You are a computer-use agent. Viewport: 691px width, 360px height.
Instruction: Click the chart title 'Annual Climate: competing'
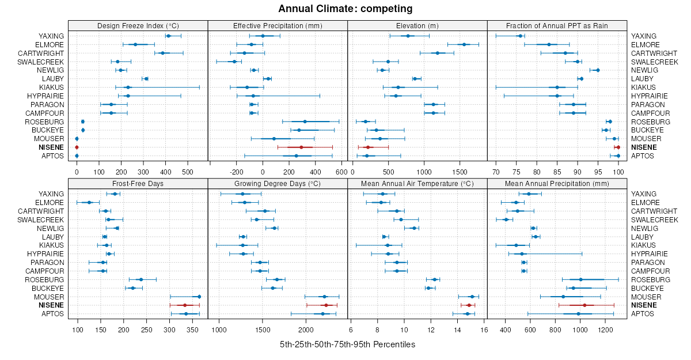(x=345, y=9)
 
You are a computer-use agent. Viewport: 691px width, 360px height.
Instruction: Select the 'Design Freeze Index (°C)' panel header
(x=138, y=25)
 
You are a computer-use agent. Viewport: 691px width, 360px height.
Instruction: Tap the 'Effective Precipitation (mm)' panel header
(x=278, y=25)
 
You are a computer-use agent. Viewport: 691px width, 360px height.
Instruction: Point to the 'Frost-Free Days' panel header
(x=138, y=183)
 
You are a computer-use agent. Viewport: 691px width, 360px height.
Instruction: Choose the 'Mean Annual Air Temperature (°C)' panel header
(x=417, y=183)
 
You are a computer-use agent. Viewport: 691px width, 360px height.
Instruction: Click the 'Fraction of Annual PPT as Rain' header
(x=557, y=25)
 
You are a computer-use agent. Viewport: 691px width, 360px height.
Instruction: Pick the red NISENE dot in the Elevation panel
(x=368, y=147)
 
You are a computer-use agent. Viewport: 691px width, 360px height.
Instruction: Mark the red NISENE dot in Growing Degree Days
(x=326, y=305)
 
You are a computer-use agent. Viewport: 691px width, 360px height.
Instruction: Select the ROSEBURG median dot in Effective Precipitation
(x=305, y=122)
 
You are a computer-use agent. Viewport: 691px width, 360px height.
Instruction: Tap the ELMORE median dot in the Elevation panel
(x=464, y=44)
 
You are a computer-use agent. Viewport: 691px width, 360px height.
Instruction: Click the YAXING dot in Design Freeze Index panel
(x=168, y=36)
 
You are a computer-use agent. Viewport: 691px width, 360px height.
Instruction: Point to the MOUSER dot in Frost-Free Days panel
(x=199, y=297)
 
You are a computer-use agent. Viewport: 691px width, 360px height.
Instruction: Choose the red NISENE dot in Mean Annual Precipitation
(x=584, y=305)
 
